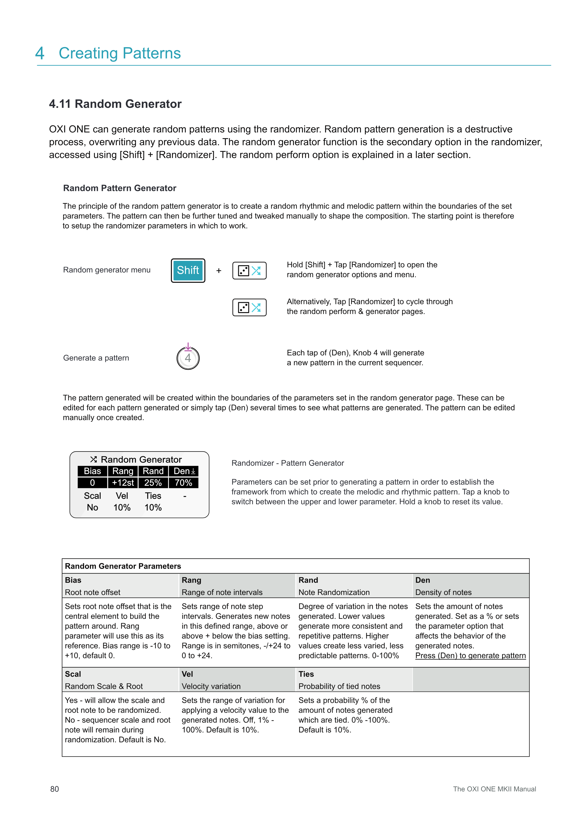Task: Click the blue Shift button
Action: click(x=188, y=271)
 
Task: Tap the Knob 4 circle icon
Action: click(x=188, y=358)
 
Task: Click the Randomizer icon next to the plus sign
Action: click(x=249, y=271)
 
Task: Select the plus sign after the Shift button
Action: click(x=219, y=271)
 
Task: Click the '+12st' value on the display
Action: click(x=123, y=483)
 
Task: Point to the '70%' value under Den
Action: click(x=183, y=483)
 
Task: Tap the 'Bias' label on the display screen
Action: click(x=92, y=471)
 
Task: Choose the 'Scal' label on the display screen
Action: click(x=92, y=496)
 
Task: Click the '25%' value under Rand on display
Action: click(x=153, y=483)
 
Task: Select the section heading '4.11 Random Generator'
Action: click(x=115, y=104)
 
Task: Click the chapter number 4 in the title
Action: click(x=40, y=53)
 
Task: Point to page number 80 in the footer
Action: click(x=55, y=789)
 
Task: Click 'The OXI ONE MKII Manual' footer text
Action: click(x=494, y=789)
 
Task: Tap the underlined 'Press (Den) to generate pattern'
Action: click(x=470, y=656)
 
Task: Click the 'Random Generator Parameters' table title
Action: click(x=123, y=566)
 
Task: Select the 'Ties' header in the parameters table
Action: click(x=306, y=674)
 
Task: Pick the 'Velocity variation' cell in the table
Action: click(x=211, y=686)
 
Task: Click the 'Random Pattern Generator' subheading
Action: click(x=119, y=188)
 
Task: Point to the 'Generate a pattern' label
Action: click(x=96, y=358)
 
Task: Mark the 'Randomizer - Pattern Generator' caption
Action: click(x=288, y=463)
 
